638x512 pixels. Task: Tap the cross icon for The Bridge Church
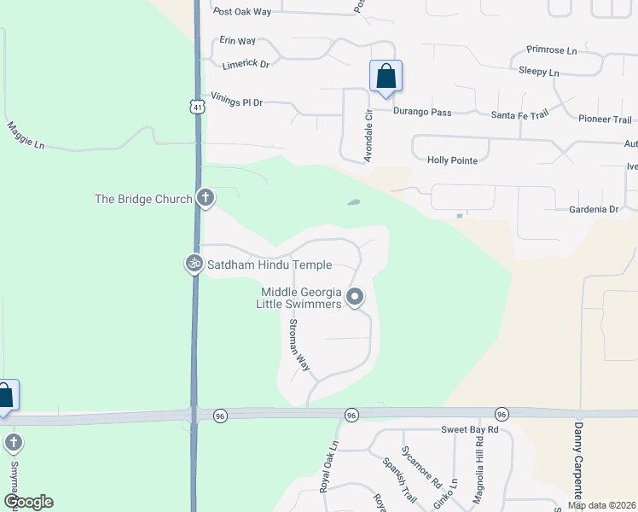[205, 198]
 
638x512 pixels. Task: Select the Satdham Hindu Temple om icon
[194, 265]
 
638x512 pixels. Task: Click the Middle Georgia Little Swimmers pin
[355, 297]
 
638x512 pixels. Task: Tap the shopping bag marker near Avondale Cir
[386, 76]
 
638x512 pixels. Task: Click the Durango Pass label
[421, 112]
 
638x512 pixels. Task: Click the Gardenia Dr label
[593, 209]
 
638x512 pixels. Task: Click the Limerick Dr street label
[246, 64]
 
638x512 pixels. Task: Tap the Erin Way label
[238, 40]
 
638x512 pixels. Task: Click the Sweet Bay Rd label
[467, 432]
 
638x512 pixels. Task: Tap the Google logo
[27, 502]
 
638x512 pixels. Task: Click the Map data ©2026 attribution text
[602, 505]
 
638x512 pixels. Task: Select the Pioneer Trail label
[605, 119]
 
